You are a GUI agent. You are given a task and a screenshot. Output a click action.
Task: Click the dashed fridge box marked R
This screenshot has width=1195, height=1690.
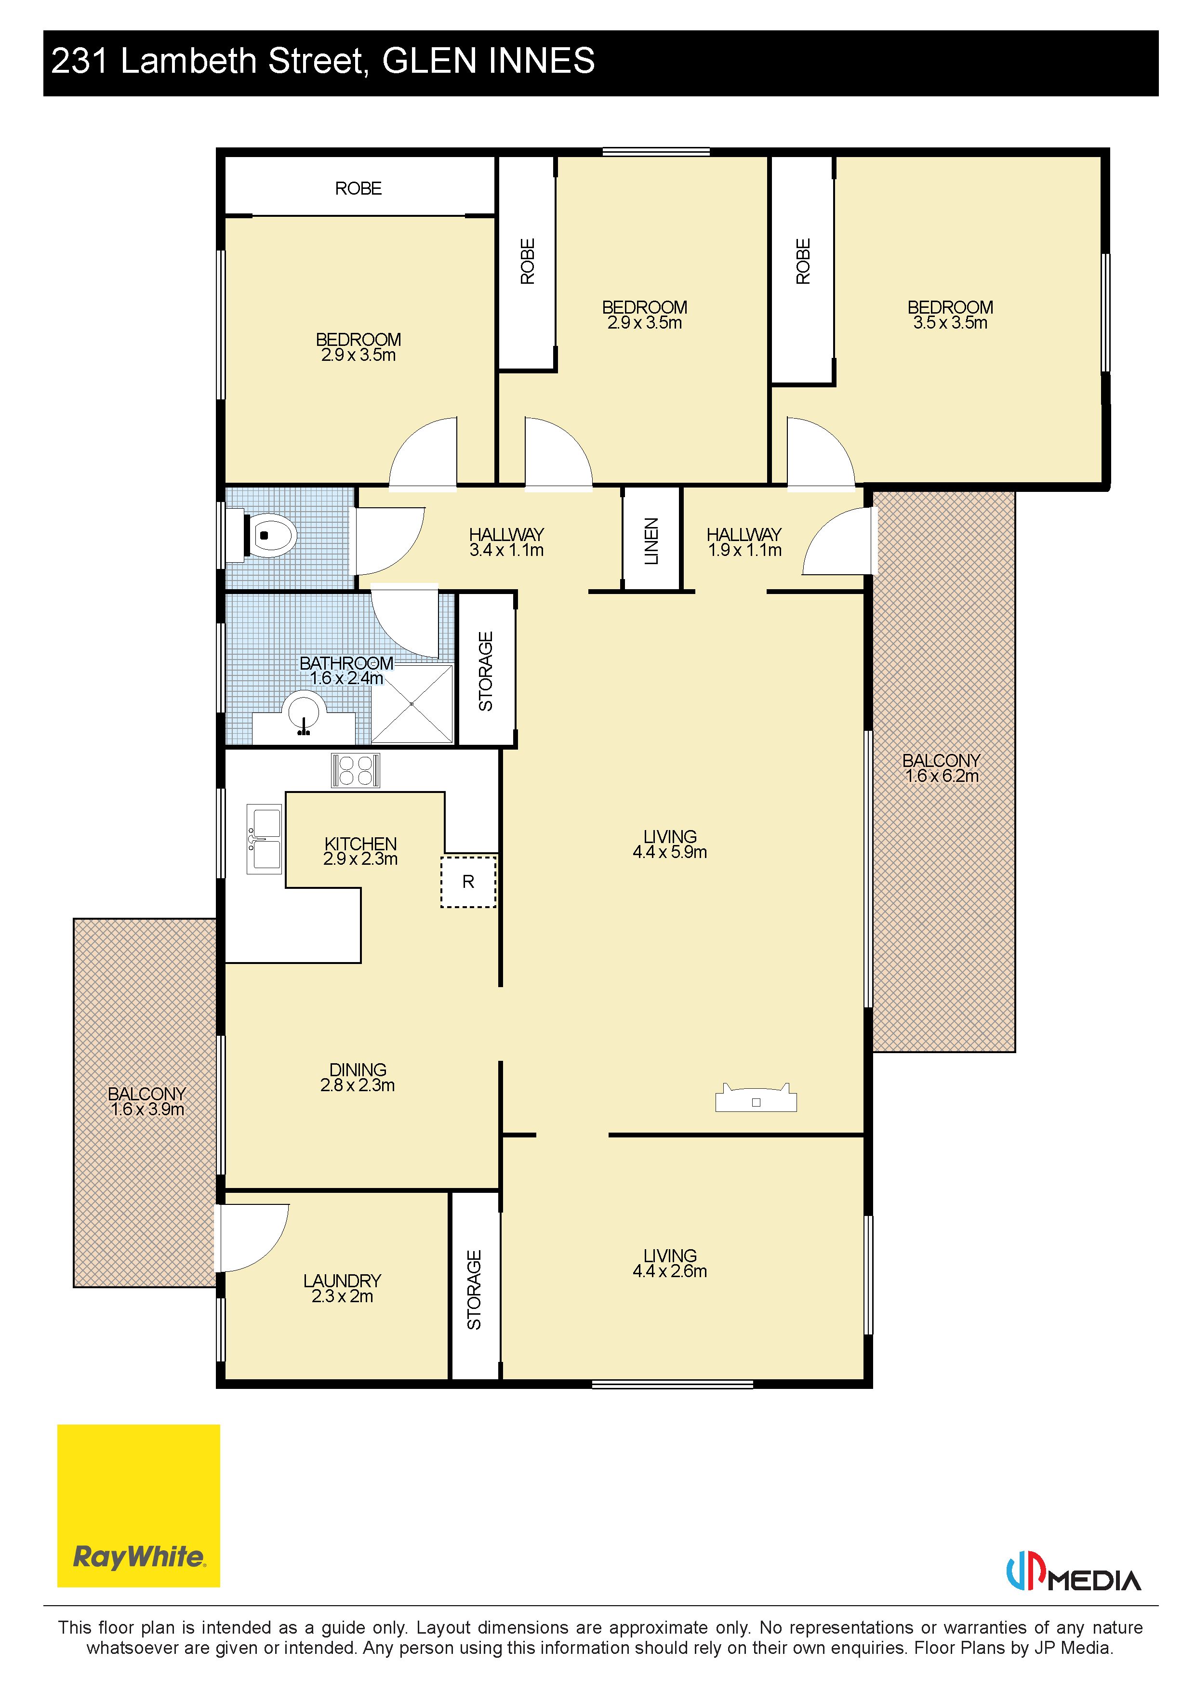pos(468,881)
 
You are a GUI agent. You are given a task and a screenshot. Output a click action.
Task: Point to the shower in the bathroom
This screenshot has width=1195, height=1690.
pos(412,704)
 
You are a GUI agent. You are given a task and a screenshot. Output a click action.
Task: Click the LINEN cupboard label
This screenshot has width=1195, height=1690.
pos(651,541)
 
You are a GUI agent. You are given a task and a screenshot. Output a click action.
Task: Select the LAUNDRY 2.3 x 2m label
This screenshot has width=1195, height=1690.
pos(343,1288)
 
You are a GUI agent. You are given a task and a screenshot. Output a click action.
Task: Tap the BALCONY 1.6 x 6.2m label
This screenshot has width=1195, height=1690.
pos(942,768)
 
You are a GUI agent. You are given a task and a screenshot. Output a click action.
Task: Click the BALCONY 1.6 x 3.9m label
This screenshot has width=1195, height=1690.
pos(146,1101)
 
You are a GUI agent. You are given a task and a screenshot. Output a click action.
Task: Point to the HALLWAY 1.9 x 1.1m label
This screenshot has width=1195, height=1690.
pos(744,542)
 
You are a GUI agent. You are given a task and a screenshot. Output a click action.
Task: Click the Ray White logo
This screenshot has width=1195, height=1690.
pos(138,1505)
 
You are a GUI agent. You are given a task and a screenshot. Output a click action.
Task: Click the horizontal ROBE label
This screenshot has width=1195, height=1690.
pos(358,188)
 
